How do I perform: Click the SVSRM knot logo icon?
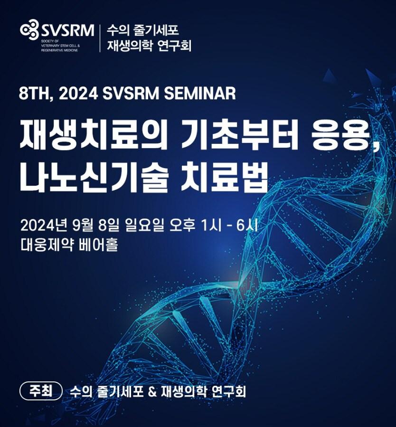(29, 29)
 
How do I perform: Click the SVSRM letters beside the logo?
(67, 30)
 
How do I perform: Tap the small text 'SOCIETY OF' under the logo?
(48, 40)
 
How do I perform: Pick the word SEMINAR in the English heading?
(200, 94)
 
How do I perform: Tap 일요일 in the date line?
(144, 226)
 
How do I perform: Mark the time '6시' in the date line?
(246, 226)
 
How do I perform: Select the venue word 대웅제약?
(47, 245)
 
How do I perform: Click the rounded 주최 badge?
(41, 391)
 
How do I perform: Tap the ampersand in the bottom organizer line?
(153, 391)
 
